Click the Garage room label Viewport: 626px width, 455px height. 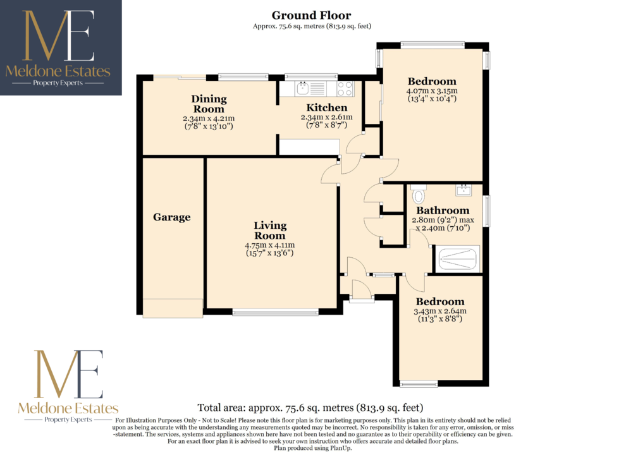point(171,217)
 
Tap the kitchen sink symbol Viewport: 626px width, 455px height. point(303,88)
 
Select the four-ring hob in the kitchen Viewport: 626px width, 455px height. point(345,88)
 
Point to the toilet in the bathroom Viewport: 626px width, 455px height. point(419,194)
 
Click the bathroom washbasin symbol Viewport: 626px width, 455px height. point(463,190)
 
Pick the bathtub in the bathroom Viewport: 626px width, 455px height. point(458,258)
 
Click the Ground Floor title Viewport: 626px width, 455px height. point(311,16)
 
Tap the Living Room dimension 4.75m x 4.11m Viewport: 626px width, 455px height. point(270,245)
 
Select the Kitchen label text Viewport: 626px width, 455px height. point(326,108)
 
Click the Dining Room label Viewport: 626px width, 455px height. point(209,104)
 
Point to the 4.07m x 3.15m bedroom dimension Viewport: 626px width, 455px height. point(432,90)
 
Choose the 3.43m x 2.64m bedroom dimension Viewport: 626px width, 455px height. point(440,311)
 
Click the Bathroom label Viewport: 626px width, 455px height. point(443,210)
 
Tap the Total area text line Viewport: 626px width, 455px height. point(310,408)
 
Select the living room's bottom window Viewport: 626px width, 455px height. point(276,312)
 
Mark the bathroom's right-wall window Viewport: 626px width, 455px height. point(487,211)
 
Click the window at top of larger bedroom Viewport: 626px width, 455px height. point(433,45)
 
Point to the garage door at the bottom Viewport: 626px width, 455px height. point(173,308)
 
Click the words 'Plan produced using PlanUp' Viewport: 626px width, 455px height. point(312,448)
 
